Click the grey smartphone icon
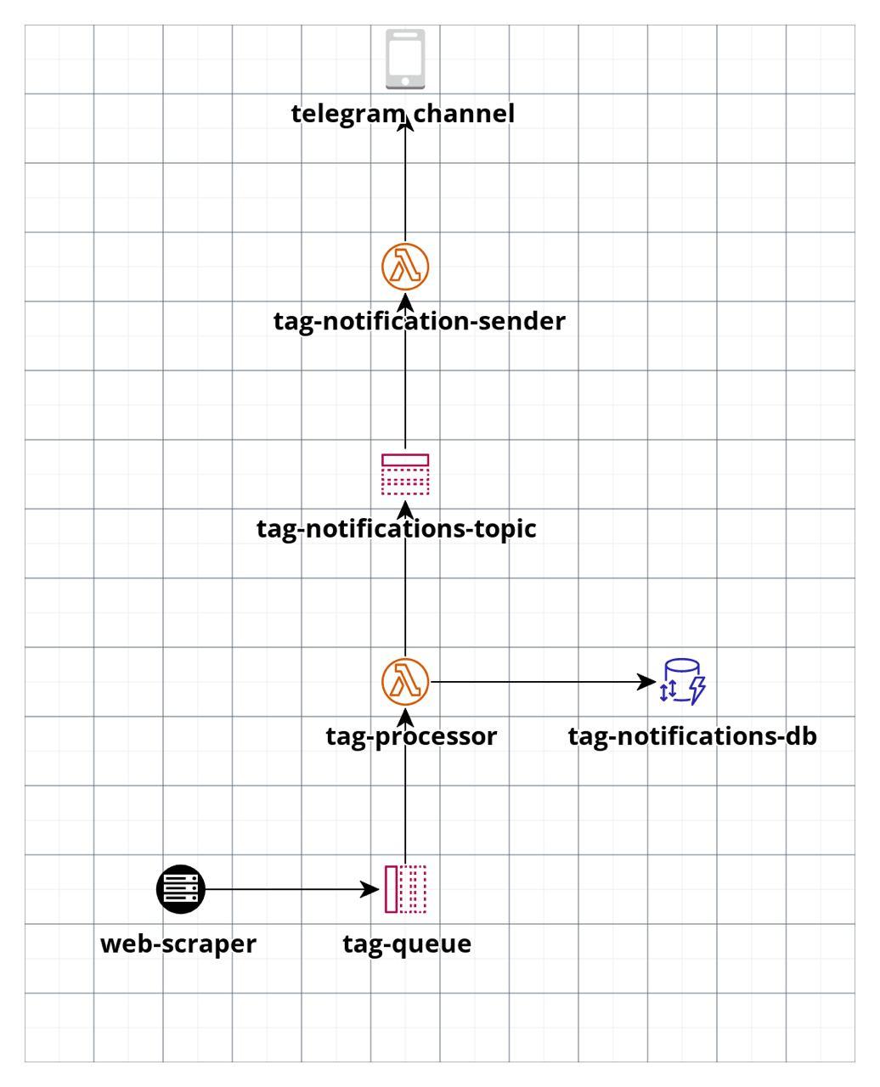point(405,59)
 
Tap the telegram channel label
point(403,114)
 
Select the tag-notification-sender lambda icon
point(405,267)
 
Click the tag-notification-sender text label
point(420,322)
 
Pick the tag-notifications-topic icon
point(405,474)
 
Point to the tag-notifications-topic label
point(397,529)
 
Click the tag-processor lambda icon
point(405,682)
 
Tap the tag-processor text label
point(411,737)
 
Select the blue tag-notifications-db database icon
point(682,682)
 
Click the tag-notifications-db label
point(692,736)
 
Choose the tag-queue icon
point(405,889)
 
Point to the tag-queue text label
point(408,944)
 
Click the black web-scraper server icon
point(181,889)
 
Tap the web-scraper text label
point(178,944)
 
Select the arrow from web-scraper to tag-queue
point(292,889)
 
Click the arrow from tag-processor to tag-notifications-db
point(543,682)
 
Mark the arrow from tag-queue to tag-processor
point(405,786)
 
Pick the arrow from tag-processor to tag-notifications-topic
point(405,578)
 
